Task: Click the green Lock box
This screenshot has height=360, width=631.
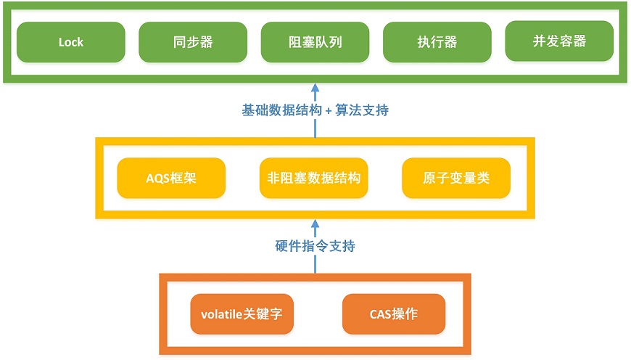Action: [71, 42]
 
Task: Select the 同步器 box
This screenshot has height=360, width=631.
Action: [193, 42]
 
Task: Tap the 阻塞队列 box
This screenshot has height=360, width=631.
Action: [315, 42]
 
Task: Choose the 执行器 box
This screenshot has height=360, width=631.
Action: [437, 42]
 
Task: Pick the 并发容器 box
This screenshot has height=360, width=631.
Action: [559, 41]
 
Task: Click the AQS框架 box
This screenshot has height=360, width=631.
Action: [171, 178]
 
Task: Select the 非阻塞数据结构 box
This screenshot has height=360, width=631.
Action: [313, 178]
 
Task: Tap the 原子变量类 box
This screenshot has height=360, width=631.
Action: [456, 178]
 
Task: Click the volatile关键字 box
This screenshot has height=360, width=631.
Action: [242, 314]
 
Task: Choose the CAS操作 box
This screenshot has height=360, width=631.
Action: [394, 314]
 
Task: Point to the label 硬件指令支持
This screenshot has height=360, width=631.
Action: [315, 245]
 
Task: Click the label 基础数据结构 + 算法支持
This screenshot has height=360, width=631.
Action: [315, 110]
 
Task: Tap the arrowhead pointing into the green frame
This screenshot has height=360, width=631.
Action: [315, 87]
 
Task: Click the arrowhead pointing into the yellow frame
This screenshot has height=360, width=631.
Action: [315, 224]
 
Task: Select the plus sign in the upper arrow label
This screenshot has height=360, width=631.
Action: [329, 111]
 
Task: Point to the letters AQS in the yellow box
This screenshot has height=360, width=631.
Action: [155, 179]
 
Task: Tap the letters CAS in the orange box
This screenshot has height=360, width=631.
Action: [378, 314]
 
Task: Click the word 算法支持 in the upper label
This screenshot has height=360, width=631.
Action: [362, 110]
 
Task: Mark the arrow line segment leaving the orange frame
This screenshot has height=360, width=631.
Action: [315, 263]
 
